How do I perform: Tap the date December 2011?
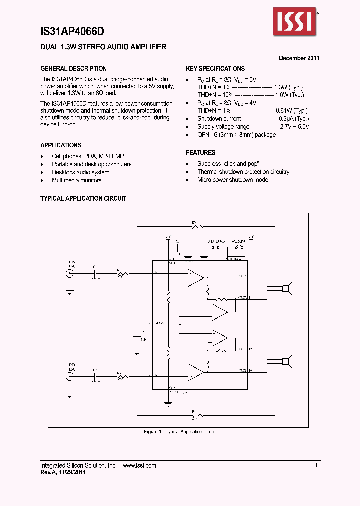point(299,58)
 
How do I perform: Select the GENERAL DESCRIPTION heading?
point(73,69)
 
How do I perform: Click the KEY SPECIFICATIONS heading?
point(215,69)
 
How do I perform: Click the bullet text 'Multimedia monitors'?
point(77,180)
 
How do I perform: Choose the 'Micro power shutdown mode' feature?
point(233,180)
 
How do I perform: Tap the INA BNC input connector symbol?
point(69,273)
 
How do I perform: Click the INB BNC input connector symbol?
point(69,376)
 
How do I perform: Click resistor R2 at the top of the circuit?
point(195,227)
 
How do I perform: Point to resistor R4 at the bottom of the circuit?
point(195,415)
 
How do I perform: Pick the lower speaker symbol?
point(286,361)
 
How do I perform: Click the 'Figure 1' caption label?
point(152,432)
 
